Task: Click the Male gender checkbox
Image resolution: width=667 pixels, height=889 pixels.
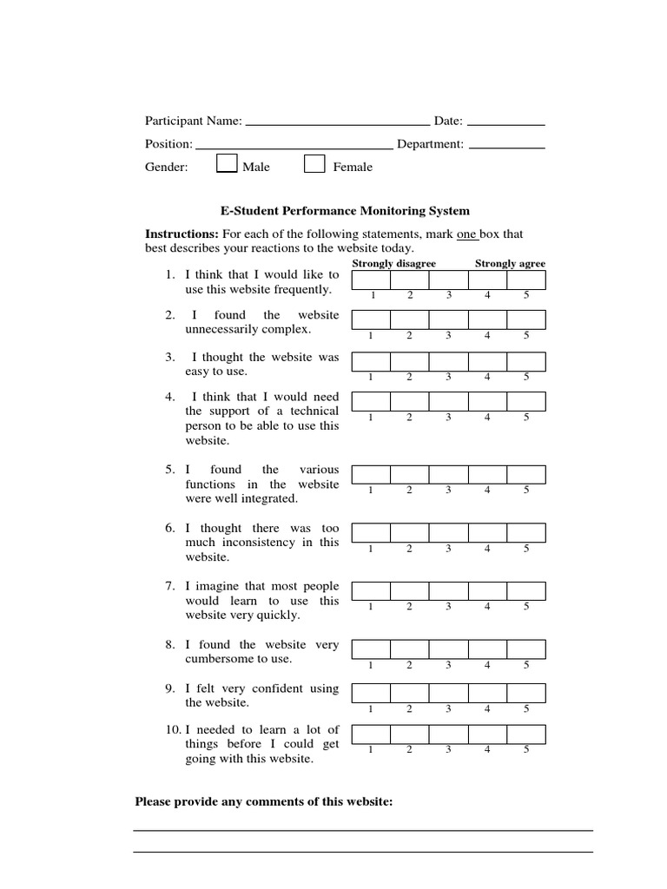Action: pos(227,164)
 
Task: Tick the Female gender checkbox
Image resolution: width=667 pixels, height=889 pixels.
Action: pos(314,164)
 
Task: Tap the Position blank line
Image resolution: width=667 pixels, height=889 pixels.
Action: pos(294,145)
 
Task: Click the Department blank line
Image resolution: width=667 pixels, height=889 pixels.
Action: pos(506,145)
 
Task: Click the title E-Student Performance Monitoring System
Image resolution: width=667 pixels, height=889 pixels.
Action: pos(345,211)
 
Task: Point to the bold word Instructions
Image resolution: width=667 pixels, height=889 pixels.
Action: pos(182,234)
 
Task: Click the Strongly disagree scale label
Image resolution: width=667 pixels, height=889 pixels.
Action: pos(394,264)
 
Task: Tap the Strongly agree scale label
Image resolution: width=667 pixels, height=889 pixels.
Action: pos(510,264)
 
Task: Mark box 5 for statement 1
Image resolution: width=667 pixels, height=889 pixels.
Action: pos(526,280)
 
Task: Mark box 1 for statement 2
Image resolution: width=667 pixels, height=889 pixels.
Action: pos(371,321)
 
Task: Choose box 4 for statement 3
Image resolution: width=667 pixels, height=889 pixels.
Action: pos(487,361)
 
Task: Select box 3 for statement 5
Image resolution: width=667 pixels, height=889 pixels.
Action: pos(448,474)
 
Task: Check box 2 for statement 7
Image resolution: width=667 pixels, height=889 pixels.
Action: pos(409,591)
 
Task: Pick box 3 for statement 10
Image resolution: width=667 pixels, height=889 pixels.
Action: pos(448,734)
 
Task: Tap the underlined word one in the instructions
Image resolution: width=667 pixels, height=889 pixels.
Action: pos(467,234)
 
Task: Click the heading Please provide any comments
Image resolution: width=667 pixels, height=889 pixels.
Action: pos(264,801)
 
